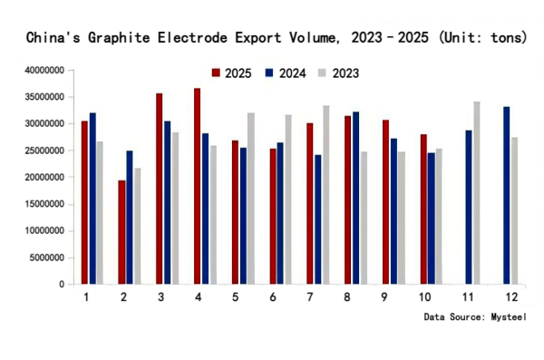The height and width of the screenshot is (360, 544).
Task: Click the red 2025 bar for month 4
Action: pos(197,186)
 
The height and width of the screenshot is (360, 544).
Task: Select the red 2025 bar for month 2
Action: pos(121,232)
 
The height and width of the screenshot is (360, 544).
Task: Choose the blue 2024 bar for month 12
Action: pos(506,196)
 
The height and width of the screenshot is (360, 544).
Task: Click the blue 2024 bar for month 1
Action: pos(92,199)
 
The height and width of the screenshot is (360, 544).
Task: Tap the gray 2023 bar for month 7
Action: pos(325,195)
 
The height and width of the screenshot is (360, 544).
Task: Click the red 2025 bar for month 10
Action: pos(423,209)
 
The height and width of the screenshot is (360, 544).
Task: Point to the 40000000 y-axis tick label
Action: pos(44,70)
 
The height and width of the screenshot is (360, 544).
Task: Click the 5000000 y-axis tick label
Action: pos(46,258)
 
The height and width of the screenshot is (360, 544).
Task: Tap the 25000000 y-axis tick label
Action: pos(44,151)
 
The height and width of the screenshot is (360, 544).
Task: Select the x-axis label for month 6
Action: pos(274,297)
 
